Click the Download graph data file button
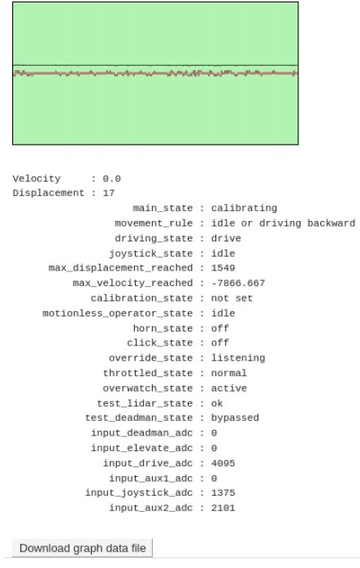(x=82, y=548)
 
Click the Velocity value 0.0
(x=111, y=179)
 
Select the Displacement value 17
(x=109, y=193)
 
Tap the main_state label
(x=163, y=208)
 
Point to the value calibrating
(x=244, y=208)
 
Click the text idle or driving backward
(x=284, y=223)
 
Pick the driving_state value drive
(x=226, y=238)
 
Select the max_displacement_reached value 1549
(x=223, y=267)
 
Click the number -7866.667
(x=238, y=283)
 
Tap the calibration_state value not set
(x=232, y=298)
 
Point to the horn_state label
(x=163, y=328)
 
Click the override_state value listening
(x=238, y=358)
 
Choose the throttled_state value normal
(x=229, y=373)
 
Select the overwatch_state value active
(x=229, y=388)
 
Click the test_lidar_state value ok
(x=217, y=403)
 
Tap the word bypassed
(x=235, y=418)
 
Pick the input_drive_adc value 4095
(x=223, y=463)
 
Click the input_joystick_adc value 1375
(x=223, y=492)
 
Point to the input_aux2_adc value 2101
(x=223, y=508)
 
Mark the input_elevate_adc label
(x=141, y=448)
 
